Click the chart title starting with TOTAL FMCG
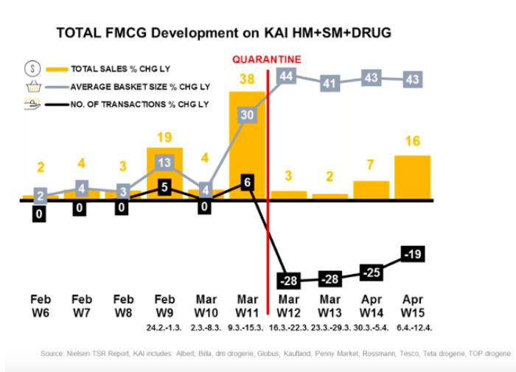(x=223, y=32)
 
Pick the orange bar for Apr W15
(x=412, y=177)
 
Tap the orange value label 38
(x=247, y=79)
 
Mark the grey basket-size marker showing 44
(x=287, y=76)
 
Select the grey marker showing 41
(x=330, y=83)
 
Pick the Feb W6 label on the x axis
(x=41, y=306)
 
